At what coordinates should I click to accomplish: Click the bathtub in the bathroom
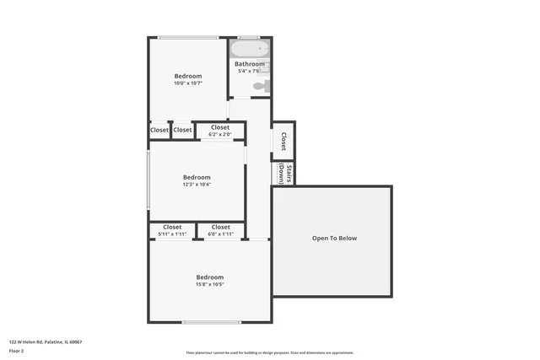[x=249, y=49]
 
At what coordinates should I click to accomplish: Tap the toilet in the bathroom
[x=260, y=84]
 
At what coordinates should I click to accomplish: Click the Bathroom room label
[x=250, y=64]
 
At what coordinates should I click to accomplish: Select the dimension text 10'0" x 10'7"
[x=188, y=83]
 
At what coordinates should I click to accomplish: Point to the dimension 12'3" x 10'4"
[x=197, y=184]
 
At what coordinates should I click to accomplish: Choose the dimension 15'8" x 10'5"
[x=210, y=284]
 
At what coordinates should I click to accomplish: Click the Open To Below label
[x=334, y=239]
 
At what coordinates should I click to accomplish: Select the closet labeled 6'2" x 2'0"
[x=219, y=131]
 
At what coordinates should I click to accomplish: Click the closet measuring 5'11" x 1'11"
[x=172, y=230]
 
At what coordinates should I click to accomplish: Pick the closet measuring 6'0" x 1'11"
[x=221, y=230]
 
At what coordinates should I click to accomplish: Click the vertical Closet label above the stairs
[x=283, y=142]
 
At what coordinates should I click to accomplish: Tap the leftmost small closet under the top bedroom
[x=159, y=130]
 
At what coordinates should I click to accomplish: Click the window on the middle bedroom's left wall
[x=149, y=180]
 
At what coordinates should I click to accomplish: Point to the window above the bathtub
[x=248, y=37]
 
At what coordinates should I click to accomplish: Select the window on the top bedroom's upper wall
[x=187, y=37]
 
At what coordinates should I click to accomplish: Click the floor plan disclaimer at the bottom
[x=270, y=352]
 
